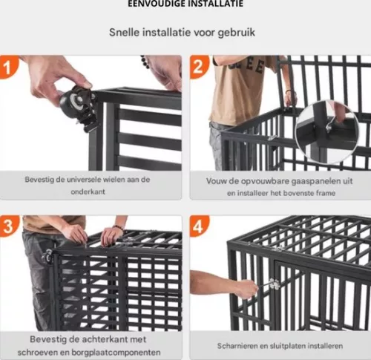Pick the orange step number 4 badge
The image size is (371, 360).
[199, 226]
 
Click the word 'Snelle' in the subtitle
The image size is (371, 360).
[125, 33]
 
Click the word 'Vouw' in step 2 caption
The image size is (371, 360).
[218, 180]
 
